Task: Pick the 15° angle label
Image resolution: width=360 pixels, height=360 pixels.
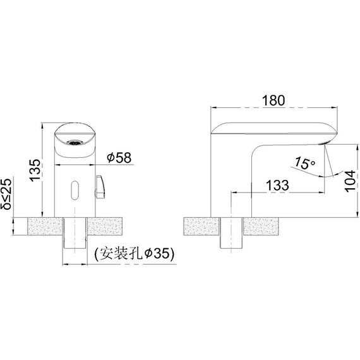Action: point(305,163)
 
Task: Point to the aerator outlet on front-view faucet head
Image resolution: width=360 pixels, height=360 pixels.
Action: point(73,143)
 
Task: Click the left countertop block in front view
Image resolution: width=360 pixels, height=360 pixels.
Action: point(45,227)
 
